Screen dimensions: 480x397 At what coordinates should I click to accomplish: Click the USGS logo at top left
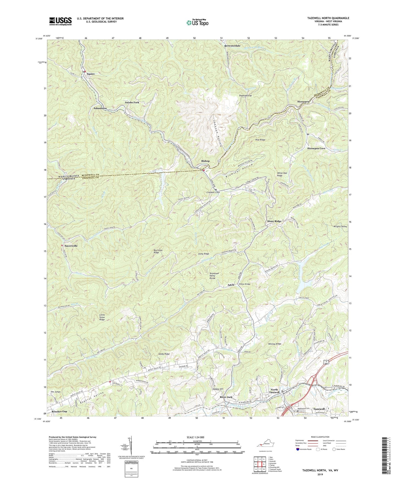pos(60,21)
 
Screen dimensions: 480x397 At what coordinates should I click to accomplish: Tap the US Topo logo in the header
pos(197,23)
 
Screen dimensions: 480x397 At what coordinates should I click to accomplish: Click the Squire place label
pos(91,74)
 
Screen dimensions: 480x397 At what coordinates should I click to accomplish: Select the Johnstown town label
pos(100,108)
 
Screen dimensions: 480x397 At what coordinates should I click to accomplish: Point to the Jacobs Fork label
pos(132,102)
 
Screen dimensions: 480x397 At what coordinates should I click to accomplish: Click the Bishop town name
pos(205,161)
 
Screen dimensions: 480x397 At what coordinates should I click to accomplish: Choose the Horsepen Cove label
pos(316,148)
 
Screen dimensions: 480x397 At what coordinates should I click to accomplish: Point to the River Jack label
pos(226,397)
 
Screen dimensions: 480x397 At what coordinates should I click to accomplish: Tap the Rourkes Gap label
pos(59,412)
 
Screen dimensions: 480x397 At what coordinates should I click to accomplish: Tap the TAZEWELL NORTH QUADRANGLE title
pos(328,18)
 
